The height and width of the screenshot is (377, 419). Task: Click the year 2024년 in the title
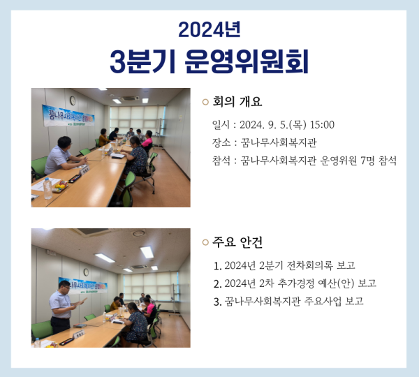pos(209,29)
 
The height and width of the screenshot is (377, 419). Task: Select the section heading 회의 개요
pos(237,102)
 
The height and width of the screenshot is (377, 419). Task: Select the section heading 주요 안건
pos(237,242)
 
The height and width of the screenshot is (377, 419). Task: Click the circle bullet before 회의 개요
pos(205,103)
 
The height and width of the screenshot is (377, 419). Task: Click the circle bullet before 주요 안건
pos(205,243)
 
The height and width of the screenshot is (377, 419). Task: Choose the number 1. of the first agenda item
pos(219,265)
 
